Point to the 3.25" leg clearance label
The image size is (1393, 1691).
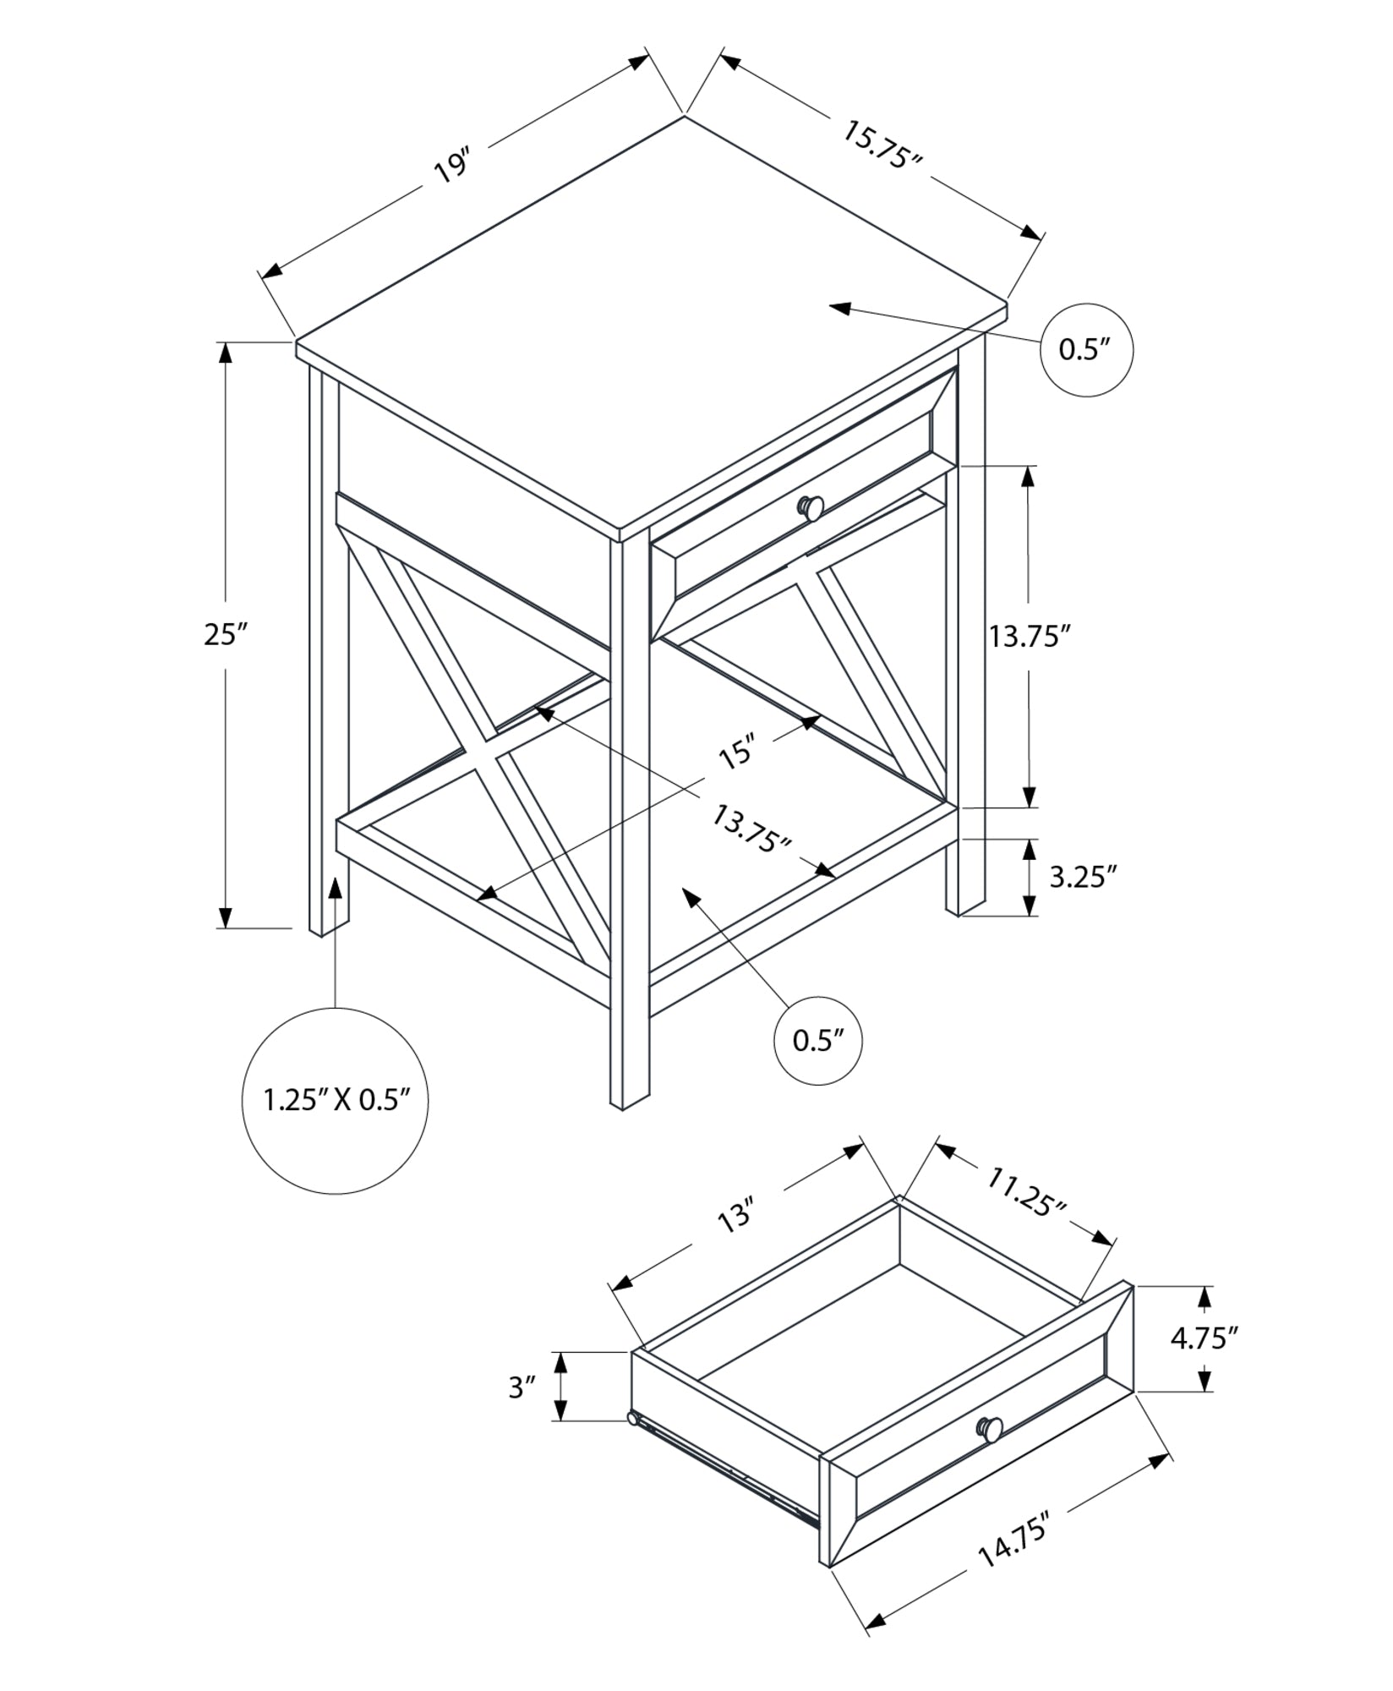(1078, 877)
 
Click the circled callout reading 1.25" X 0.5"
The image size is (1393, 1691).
(336, 1100)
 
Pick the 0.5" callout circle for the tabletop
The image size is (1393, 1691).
(1084, 349)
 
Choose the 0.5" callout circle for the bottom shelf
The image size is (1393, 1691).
(817, 1041)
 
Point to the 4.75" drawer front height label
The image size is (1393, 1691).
(1204, 1361)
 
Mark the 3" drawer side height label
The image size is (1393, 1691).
(522, 1387)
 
